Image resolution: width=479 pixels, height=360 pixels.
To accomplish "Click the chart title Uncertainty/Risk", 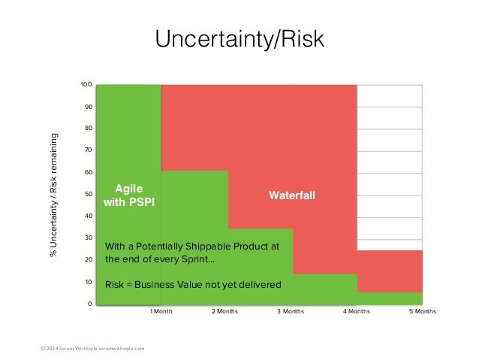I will pyautogui.click(x=239, y=39).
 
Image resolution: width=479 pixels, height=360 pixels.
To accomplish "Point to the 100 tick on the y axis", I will pyautogui.click(x=86, y=85).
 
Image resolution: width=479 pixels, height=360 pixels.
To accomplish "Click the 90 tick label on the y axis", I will pyautogui.click(x=88, y=107).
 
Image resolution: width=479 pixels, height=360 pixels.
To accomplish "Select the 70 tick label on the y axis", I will pyautogui.click(x=88, y=150).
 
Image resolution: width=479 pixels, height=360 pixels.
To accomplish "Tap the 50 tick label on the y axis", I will pyautogui.click(x=88, y=195).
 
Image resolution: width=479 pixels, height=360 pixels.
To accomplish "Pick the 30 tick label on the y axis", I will pyautogui.click(x=88, y=238).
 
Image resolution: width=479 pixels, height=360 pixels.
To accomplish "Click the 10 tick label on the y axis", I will pyautogui.click(x=88, y=283).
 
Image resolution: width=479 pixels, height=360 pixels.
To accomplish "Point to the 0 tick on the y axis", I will pyautogui.click(x=89, y=304).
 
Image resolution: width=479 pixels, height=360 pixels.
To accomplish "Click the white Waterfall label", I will pyautogui.click(x=292, y=195).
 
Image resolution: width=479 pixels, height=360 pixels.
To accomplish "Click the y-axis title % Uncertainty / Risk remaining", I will pyautogui.click(x=53, y=195).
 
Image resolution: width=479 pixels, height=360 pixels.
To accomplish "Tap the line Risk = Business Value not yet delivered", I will pyautogui.click(x=193, y=285).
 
